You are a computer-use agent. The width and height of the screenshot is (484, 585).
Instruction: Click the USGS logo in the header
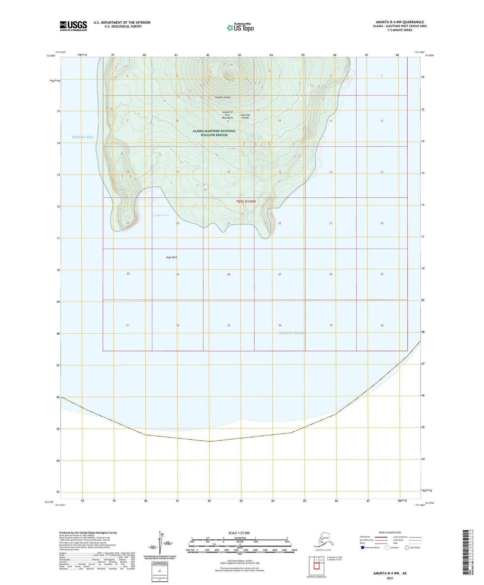(73, 26)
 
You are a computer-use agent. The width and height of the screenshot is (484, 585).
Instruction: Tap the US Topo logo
(240, 27)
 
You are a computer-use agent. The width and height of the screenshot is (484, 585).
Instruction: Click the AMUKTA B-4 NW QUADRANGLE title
(400, 22)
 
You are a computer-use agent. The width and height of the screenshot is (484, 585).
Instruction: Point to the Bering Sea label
(83, 137)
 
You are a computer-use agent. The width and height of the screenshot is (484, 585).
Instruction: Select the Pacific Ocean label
(292, 333)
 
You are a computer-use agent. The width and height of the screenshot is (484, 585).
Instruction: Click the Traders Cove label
(161, 215)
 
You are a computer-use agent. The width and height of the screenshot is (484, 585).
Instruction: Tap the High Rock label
(171, 257)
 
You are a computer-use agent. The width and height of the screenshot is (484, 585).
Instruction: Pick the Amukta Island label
(223, 97)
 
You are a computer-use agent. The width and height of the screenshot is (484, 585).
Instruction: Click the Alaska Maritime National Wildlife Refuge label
(214, 133)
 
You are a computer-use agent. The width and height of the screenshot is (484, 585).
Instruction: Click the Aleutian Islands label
(245, 116)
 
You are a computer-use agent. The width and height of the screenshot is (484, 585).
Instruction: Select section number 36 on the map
(382, 325)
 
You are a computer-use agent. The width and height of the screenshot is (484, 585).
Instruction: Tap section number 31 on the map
(127, 325)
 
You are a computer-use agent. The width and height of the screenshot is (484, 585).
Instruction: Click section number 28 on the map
(228, 274)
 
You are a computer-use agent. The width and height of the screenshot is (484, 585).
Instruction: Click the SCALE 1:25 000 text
(239, 533)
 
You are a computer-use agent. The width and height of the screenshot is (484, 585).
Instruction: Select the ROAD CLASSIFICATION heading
(390, 532)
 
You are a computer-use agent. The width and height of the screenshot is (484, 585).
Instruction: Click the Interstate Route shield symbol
(362, 547)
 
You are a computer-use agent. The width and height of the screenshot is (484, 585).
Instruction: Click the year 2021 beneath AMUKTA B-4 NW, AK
(390, 578)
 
